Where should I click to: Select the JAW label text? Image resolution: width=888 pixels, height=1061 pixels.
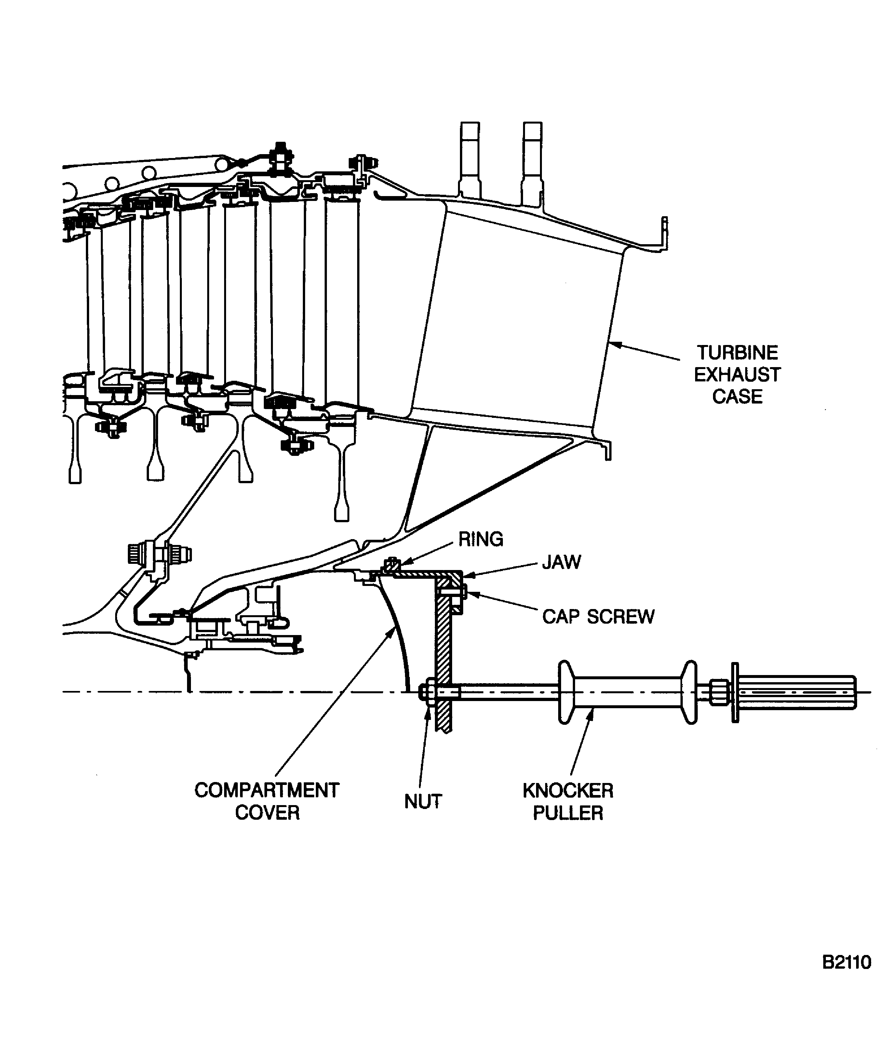[x=561, y=562]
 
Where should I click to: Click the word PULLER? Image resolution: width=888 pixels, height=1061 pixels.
[x=568, y=813]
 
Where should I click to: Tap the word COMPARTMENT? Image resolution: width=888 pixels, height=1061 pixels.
[x=266, y=790]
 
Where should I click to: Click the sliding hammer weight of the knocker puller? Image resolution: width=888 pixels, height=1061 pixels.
[x=627, y=692]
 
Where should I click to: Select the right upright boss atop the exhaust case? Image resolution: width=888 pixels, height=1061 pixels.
[x=533, y=162]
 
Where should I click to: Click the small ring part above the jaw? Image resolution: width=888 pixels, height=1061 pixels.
[x=391, y=565]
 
